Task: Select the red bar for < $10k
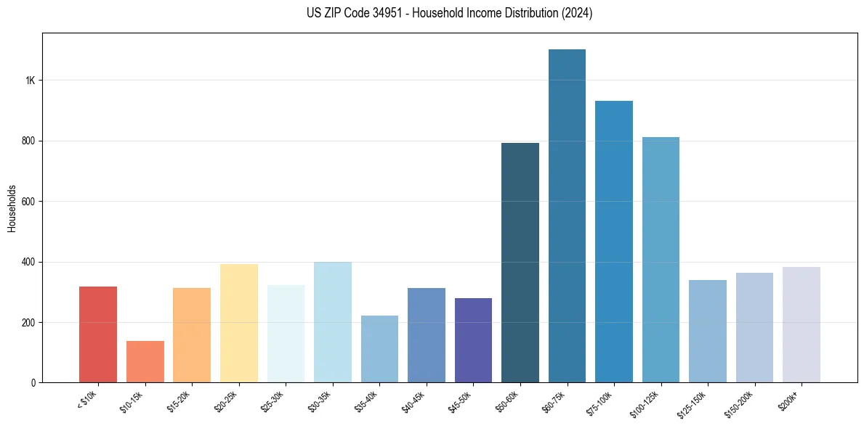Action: pyautogui.click(x=98, y=334)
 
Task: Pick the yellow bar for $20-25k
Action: pyautogui.click(x=239, y=323)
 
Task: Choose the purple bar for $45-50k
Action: pyautogui.click(x=473, y=340)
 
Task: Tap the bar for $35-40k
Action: pyautogui.click(x=379, y=349)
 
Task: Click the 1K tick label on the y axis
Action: pyautogui.click(x=30, y=81)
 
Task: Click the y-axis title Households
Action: pyautogui.click(x=12, y=207)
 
